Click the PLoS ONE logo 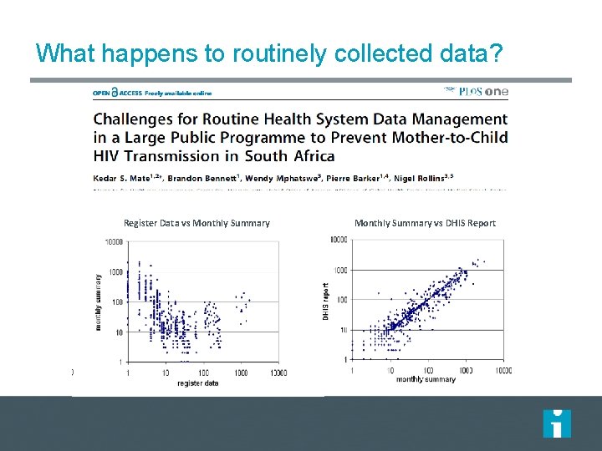pyautogui.click(x=477, y=92)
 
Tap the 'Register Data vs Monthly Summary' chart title pyautogui.click(x=196, y=223)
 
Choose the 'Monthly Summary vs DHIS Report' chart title pyautogui.click(x=425, y=223)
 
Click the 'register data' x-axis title pyautogui.click(x=197, y=383)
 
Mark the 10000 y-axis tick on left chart pyautogui.click(x=112, y=242)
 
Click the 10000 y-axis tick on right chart pyautogui.click(x=338, y=240)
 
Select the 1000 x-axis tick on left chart pyautogui.click(x=242, y=372)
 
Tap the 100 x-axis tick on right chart pyautogui.click(x=427, y=370)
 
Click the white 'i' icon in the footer pyautogui.click(x=557, y=423)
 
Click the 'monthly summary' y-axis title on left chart pyautogui.click(x=99, y=302)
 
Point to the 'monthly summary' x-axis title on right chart pyautogui.click(x=426, y=379)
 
